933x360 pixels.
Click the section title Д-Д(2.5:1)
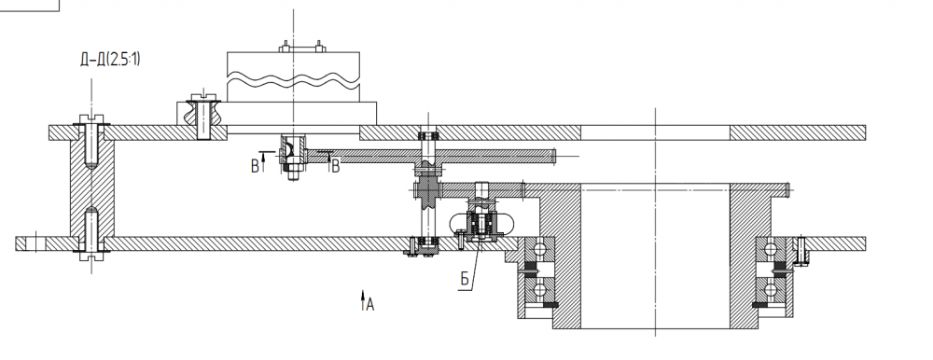coord(111,60)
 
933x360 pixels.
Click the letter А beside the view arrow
coord(370,305)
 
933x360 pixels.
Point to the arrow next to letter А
coord(362,300)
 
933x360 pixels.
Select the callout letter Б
coord(466,279)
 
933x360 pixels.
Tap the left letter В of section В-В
coord(256,167)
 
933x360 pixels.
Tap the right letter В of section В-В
coord(336,167)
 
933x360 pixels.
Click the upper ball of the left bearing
coord(539,249)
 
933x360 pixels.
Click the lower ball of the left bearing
coord(539,290)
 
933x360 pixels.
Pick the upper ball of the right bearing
coord(771,249)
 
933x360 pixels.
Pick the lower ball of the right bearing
coord(771,290)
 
